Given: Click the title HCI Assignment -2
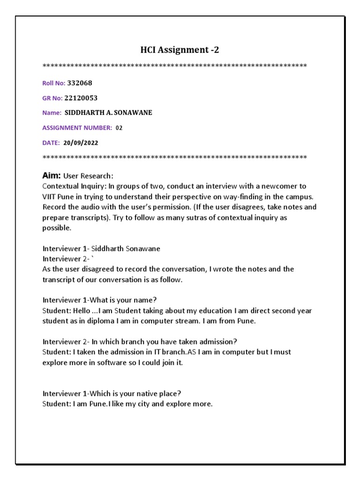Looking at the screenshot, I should point(180,49).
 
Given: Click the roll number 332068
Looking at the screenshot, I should point(80,83).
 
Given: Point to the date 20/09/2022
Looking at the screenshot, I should point(81,142).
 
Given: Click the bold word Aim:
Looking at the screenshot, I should point(52,176).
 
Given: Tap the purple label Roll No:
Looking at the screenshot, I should point(54,83).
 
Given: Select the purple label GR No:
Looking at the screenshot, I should point(52,98).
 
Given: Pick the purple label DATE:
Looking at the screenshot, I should point(51,142).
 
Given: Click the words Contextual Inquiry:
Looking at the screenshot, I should point(70,186).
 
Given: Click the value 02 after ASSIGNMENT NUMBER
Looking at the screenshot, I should point(119,127).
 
